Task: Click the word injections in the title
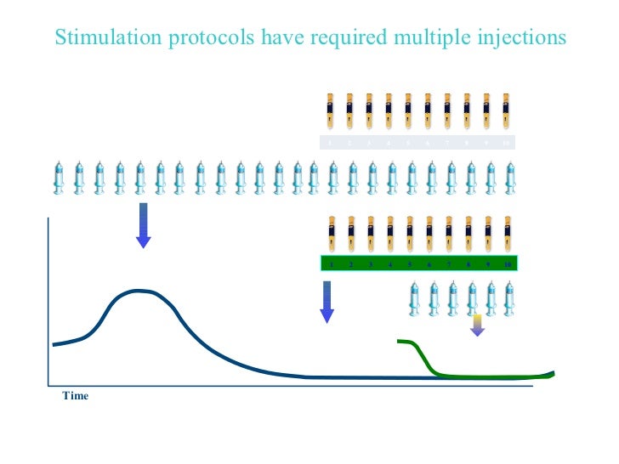521,38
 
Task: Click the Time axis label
75,396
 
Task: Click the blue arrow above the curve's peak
143,225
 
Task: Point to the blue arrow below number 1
327,302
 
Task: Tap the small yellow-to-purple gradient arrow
477,325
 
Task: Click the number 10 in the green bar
507,264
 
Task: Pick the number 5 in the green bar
409,264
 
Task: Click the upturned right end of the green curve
552,372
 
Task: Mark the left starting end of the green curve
400,342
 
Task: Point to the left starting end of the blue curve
54,344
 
